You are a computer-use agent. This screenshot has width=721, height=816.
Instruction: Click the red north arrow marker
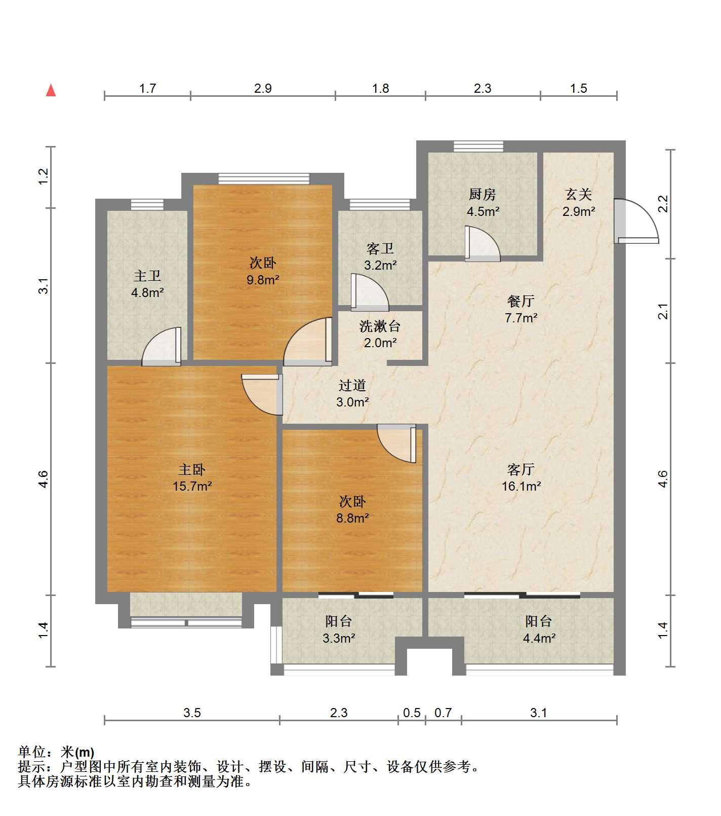[51, 91]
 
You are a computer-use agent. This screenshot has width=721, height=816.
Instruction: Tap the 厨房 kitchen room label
[482, 194]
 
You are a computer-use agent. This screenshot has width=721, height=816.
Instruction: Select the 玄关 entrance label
[578, 194]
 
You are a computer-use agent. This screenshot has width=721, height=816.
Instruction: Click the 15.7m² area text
[192, 486]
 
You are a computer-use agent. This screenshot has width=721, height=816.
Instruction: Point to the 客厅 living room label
[521, 469]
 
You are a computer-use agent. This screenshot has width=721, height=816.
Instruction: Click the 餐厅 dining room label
[521, 301]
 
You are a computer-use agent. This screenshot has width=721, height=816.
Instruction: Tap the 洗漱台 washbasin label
[380, 326]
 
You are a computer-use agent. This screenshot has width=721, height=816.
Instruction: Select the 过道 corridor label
[352, 385]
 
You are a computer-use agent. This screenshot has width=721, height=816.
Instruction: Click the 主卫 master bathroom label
[147, 276]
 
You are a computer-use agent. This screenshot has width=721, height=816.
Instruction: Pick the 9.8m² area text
[263, 279]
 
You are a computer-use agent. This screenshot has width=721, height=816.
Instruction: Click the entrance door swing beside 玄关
[636, 221]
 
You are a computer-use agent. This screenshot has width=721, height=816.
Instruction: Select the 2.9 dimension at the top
[263, 88]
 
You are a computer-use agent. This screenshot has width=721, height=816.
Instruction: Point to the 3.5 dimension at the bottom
[192, 713]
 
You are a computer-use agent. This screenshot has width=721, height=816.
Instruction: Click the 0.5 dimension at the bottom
[412, 713]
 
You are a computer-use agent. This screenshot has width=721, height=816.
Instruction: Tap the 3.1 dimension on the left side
[44, 286]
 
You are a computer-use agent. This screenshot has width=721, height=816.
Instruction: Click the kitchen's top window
[478, 146]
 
